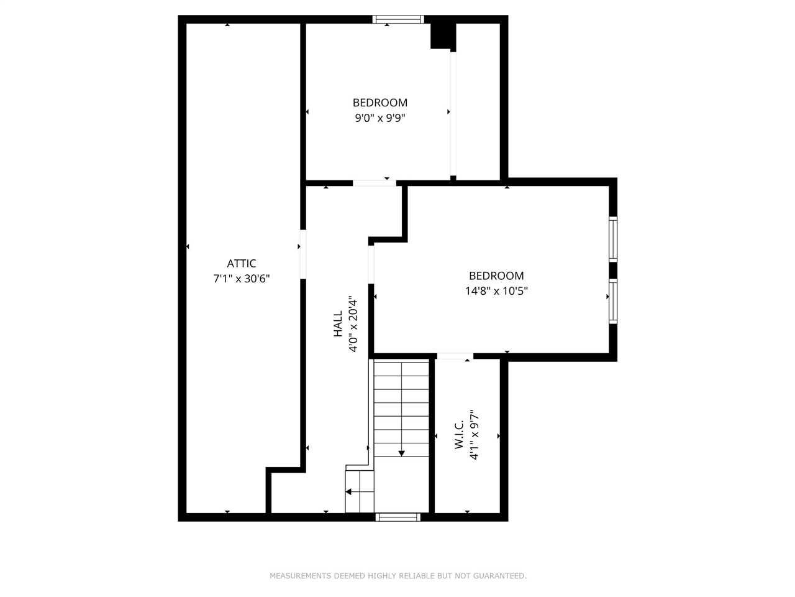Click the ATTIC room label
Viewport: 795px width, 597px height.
pos(241,264)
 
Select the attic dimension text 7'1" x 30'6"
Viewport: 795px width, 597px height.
pos(241,279)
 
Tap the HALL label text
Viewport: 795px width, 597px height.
pos(338,324)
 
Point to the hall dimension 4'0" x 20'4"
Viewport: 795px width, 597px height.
pos(353,324)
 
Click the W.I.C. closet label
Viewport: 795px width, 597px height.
pos(459,435)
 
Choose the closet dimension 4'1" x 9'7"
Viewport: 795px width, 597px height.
pos(475,435)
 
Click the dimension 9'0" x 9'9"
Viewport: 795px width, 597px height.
pos(380,118)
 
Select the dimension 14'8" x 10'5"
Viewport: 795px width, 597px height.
pos(496,291)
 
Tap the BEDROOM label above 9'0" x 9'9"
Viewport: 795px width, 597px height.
pos(380,103)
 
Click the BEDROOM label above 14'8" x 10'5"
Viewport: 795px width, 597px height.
pos(496,275)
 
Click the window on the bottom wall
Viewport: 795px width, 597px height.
pos(398,517)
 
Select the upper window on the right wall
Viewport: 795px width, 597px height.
pos(613,239)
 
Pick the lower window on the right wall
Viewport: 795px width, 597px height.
pos(613,302)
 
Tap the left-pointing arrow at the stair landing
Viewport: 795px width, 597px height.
pos(349,491)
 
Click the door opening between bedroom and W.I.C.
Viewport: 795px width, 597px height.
pos(455,356)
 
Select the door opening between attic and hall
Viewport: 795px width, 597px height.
pos(303,254)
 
